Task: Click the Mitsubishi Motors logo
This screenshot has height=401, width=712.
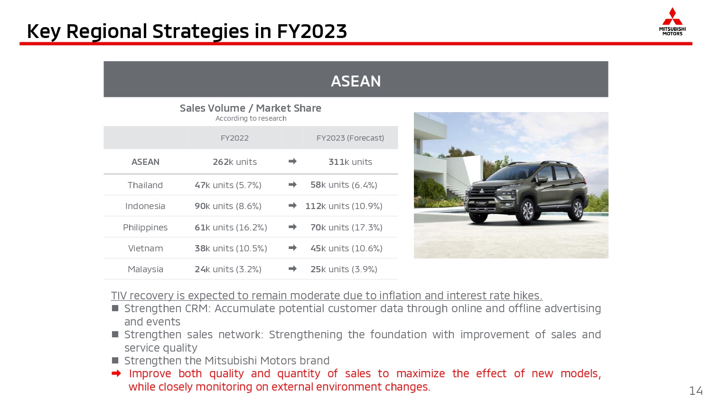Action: [x=672, y=22]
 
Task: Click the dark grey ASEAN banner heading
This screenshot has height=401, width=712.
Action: [x=356, y=81]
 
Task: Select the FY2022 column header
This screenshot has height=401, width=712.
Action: [x=234, y=138]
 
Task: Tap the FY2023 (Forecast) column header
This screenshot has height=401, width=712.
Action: [x=350, y=138]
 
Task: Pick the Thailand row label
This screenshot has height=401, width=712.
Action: [x=145, y=185]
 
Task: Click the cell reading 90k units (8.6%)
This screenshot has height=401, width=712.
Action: [x=228, y=206]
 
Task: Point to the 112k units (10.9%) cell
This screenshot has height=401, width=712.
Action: [x=344, y=206]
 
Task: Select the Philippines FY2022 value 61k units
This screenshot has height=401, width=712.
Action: [x=214, y=228]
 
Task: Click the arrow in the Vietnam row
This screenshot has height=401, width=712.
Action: [x=292, y=248]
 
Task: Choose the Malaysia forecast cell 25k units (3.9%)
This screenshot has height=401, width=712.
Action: [x=344, y=269]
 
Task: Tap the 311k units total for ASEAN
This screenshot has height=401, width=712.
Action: [x=350, y=162]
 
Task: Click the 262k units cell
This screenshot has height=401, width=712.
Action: [x=234, y=162]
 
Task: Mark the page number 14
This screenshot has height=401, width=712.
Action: [x=695, y=391]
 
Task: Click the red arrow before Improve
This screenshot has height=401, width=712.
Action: [x=116, y=373]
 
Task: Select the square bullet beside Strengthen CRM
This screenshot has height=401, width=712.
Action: [x=115, y=308]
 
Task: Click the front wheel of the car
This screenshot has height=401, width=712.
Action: [x=528, y=210]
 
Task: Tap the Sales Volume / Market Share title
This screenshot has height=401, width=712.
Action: [x=251, y=108]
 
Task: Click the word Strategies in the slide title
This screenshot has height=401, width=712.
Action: [x=201, y=31]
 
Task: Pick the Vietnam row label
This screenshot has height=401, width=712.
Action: [x=145, y=248]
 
